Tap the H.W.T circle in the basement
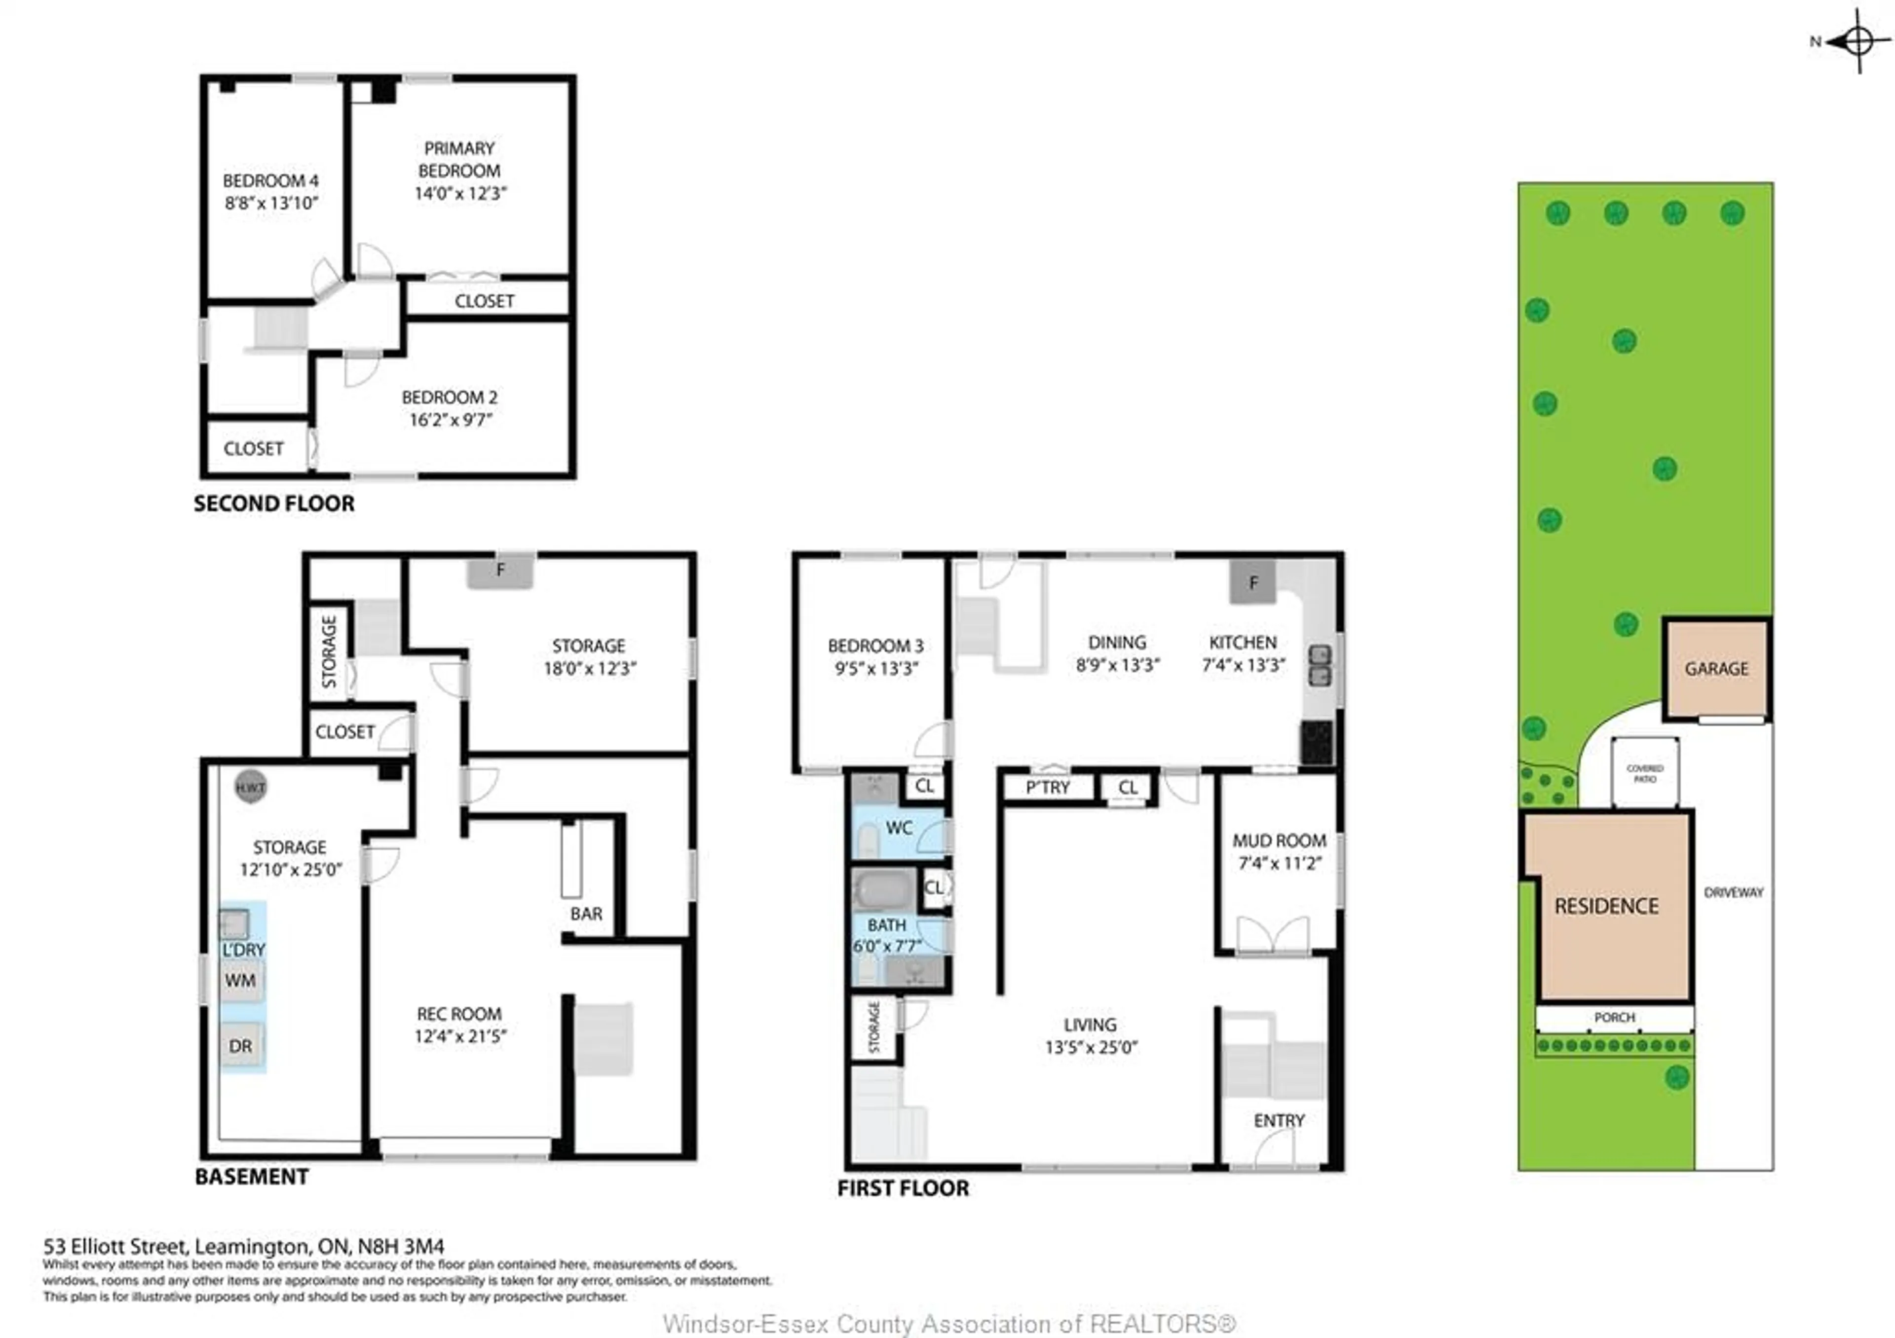[250, 787]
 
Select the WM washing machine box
[241, 981]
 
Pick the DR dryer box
[241, 1046]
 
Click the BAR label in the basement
[586, 914]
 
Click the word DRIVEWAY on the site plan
[1733, 892]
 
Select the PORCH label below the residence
[1614, 1018]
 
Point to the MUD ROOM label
[1279, 841]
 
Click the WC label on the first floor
[899, 828]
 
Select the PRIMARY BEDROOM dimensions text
[460, 193]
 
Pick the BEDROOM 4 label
[271, 181]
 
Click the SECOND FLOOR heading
[274, 503]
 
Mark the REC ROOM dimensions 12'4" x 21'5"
[460, 1036]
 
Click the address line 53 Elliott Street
[243, 1246]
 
